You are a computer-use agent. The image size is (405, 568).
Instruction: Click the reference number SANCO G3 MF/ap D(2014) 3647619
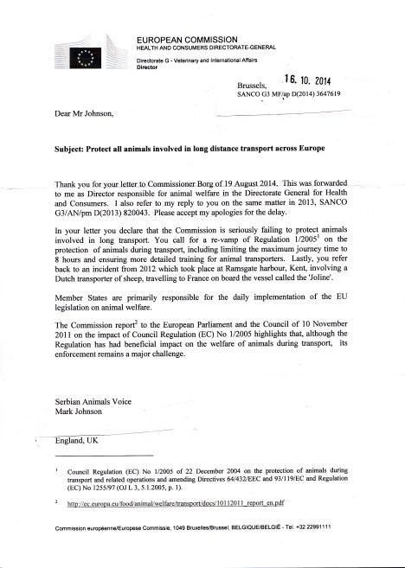(x=300, y=94)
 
